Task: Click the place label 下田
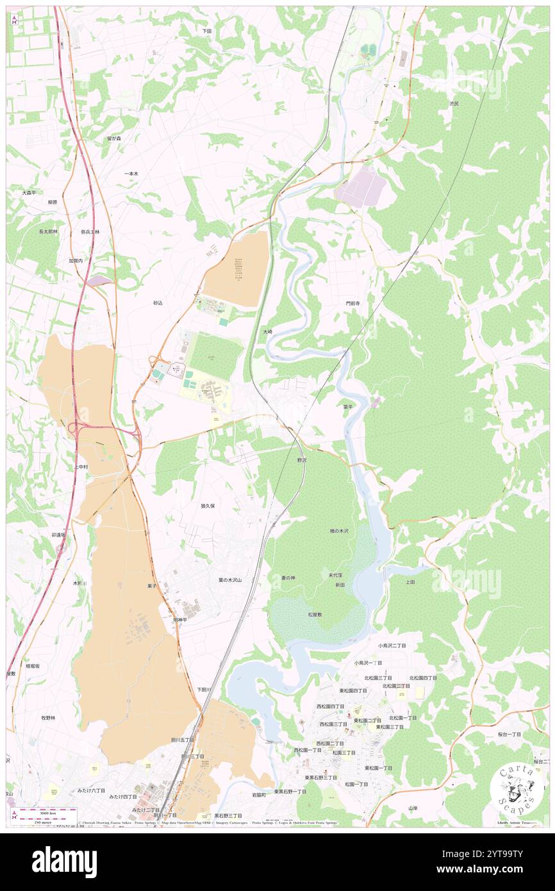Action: (x=206, y=31)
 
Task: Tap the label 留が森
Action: (x=114, y=138)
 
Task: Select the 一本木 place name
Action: (x=131, y=174)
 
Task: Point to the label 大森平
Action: (x=28, y=192)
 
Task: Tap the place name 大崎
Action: (x=268, y=331)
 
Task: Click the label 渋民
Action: (x=454, y=103)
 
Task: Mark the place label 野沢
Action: (x=302, y=460)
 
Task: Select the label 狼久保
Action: (x=207, y=506)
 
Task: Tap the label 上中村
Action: (x=81, y=467)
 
